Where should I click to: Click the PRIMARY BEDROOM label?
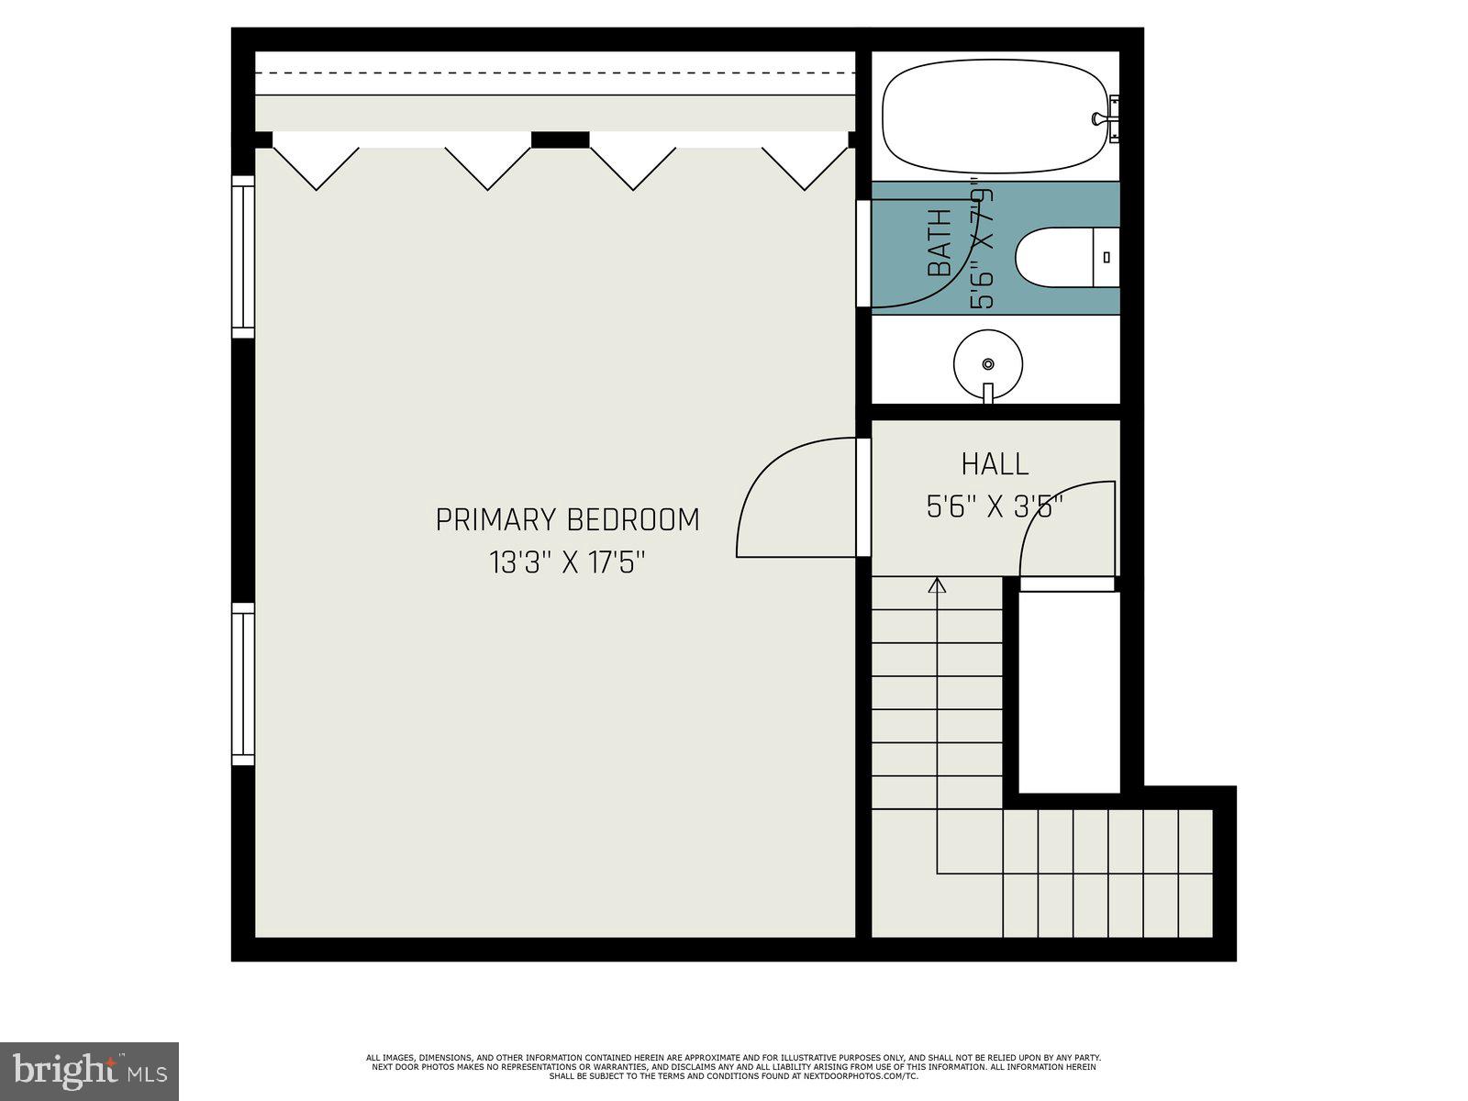[567, 520]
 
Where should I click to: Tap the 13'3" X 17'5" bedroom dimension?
[567, 562]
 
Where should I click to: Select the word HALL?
[995, 464]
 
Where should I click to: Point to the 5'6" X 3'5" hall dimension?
[995, 506]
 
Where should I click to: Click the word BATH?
[940, 243]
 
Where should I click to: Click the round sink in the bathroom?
[988, 363]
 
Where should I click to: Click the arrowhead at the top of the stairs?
[937, 584]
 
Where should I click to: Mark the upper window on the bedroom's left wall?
[242, 257]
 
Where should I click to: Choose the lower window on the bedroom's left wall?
[242, 684]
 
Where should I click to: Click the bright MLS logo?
[89, 1069]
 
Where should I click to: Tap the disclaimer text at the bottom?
[733, 1066]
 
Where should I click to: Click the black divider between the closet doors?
[560, 139]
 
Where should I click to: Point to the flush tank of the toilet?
[1107, 257]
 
